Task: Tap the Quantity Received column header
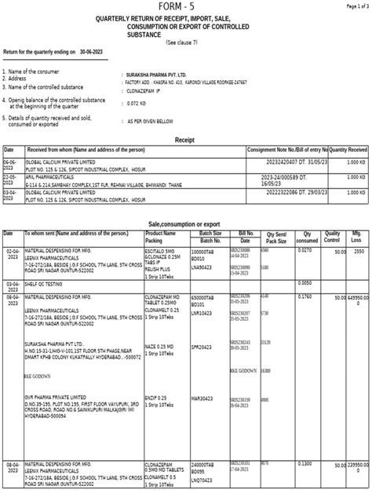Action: (348, 149)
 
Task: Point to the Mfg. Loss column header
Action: (358, 237)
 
